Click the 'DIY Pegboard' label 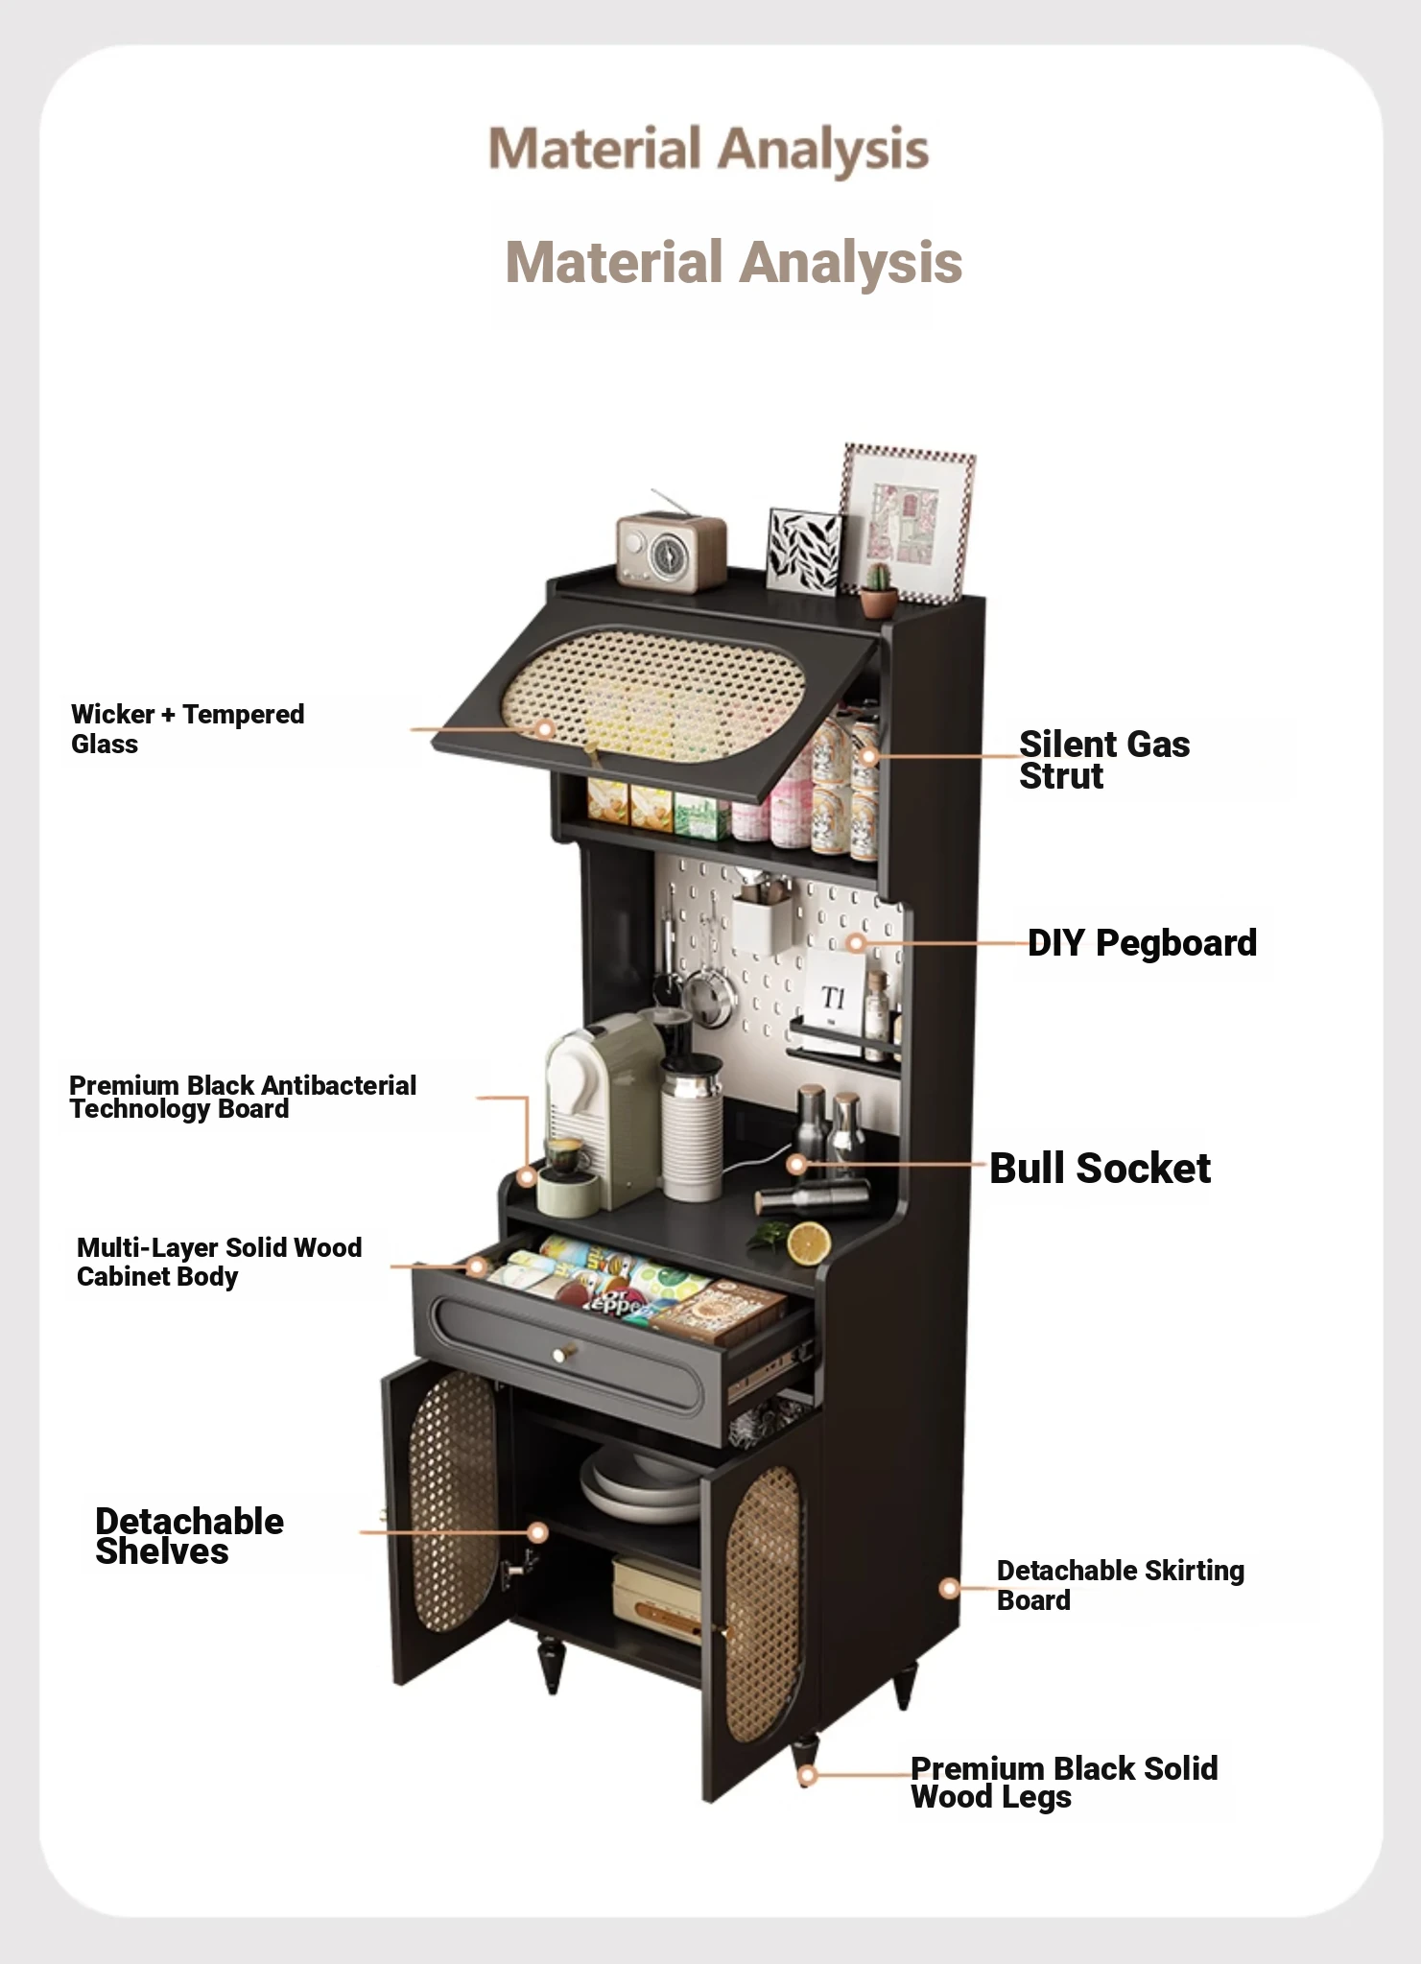pos(1142,943)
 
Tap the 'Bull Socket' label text pos(1100,1169)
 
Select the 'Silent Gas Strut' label pos(1104,760)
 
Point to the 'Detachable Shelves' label pos(189,1536)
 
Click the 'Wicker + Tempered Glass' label pos(187,729)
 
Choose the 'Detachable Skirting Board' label pos(1121,1585)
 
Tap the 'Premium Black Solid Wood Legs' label pos(1064,1783)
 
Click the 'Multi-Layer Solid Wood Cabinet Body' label pos(219,1262)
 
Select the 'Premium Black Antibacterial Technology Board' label pos(243,1098)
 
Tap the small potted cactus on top pos(878,589)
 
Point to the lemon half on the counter pos(809,1244)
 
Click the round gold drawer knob pos(560,1354)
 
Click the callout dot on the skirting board pos(949,1588)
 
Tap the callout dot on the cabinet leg pos(808,1776)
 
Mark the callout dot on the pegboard pos(857,944)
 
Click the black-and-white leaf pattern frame pos(804,551)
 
